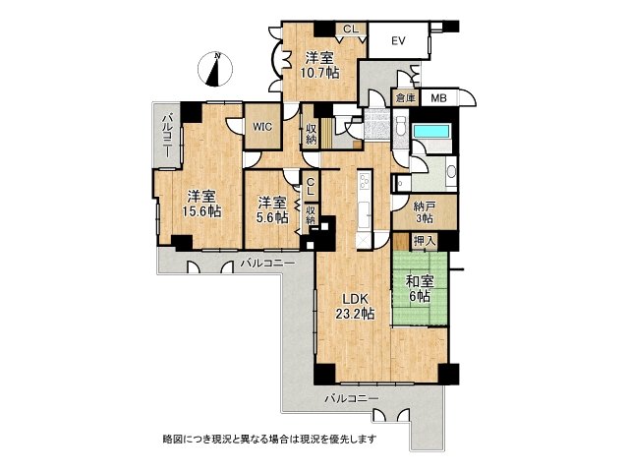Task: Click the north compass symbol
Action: pos(217,68)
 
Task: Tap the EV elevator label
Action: pos(398,41)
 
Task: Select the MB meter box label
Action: pos(438,97)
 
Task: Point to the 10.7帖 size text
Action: pos(319,73)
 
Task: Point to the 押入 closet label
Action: pos(425,242)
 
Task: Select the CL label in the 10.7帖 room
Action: pos(348,29)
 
